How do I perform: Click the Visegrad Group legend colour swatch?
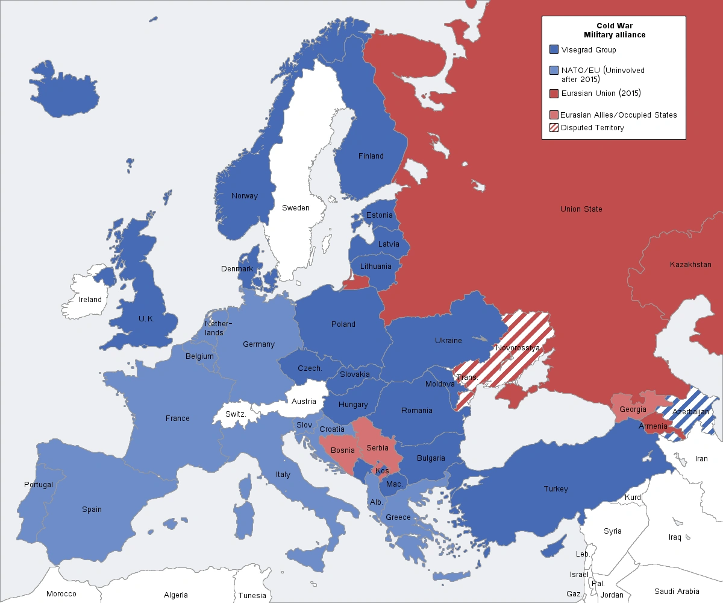[554, 50]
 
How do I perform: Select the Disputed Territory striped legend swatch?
[554, 128]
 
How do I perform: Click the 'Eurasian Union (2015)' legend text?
[601, 93]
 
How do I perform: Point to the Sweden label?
[296, 208]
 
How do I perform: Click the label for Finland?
[371, 156]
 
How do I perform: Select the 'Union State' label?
[581, 209]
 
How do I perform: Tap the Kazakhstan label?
[690, 265]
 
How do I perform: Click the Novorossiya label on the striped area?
[518, 348]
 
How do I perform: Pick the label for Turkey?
[556, 489]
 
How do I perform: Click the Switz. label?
[236, 415]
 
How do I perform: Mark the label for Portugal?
[39, 485]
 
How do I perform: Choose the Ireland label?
[90, 300]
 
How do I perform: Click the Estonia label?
[380, 215]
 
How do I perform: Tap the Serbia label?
[377, 448]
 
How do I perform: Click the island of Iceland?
[64, 90]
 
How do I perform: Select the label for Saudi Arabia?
[677, 592]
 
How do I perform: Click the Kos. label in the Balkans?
[383, 470]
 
